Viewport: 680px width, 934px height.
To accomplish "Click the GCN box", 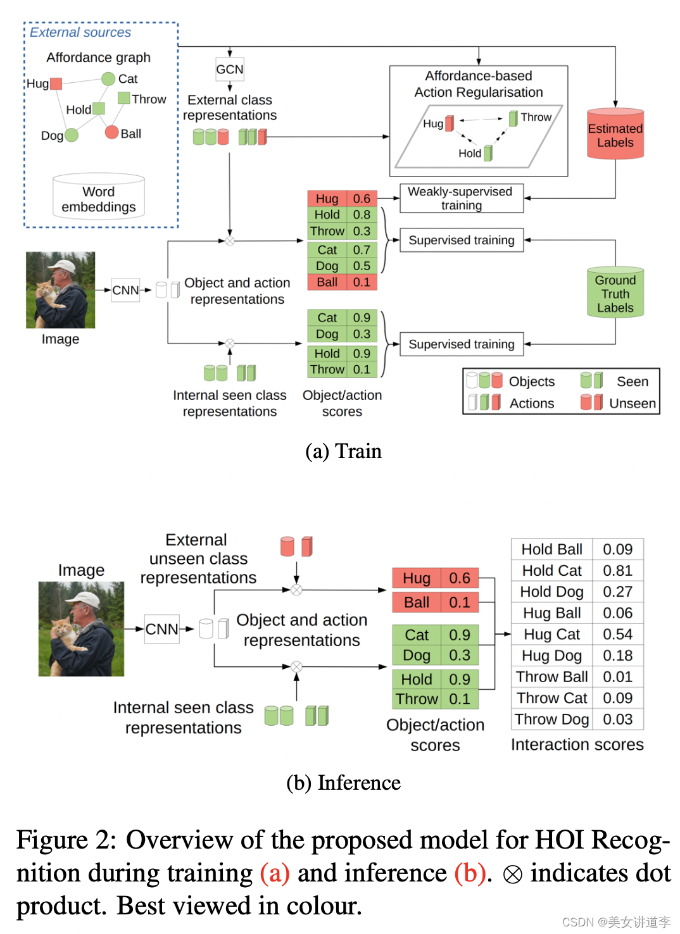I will point(229,69).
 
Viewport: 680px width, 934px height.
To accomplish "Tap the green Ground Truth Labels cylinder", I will point(615,293).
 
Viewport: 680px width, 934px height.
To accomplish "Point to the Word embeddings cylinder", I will point(99,197).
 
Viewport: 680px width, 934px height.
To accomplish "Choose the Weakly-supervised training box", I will point(461,198).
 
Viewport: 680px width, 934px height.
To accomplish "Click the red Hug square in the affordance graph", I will point(56,84).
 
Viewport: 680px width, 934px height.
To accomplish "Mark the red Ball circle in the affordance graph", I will point(112,132).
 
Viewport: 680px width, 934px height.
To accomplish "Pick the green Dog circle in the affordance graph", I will point(71,135).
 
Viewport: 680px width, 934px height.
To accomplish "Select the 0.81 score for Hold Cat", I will point(617,571).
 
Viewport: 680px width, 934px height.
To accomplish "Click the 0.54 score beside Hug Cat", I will point(617,634).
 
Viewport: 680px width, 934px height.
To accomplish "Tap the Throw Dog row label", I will point(551,719).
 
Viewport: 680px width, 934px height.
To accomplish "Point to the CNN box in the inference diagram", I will point(161,629).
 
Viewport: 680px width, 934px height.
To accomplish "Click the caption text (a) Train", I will point(343,451).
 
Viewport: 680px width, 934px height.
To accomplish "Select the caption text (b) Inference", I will point(343,783).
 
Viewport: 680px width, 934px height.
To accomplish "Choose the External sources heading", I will point(80,32).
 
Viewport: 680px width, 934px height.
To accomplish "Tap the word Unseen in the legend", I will point(632,403).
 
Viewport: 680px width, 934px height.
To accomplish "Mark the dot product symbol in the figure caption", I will point(512,875).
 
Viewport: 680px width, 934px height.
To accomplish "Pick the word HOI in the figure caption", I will point(559,840).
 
